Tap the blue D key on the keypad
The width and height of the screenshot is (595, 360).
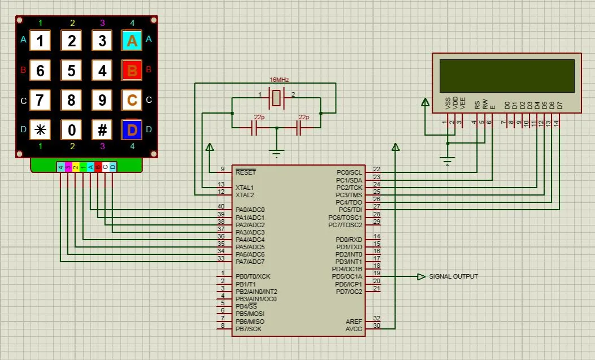[132, 130]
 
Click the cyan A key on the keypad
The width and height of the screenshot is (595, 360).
[132, 41]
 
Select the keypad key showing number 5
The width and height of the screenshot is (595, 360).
[71, 71]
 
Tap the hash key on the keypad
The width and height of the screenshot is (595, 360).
[102, 130]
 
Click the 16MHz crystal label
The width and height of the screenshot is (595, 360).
[279, 80]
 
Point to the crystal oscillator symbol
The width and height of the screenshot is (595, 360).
[276, 98]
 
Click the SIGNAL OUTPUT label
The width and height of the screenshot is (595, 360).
[453, 276]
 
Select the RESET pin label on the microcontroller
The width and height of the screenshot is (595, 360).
[245, 172]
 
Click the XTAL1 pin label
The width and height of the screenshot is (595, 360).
[245, 187]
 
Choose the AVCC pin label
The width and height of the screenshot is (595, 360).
[354, 329]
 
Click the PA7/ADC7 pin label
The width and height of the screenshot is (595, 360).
[250, 262]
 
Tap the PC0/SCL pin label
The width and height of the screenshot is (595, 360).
[349, 172]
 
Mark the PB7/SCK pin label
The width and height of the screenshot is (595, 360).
[249, 329]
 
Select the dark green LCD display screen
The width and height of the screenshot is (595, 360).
[506, 75]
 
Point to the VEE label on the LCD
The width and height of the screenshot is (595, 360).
[463, 103]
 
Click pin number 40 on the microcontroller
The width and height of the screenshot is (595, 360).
[221, 206]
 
